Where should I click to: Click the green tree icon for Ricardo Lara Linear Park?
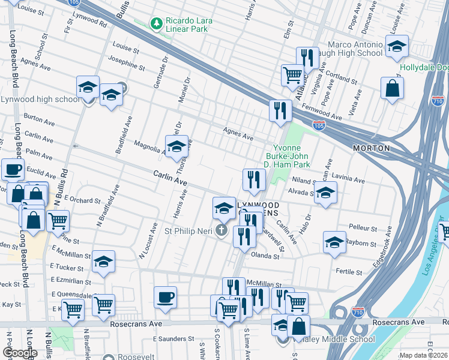click(157, 23)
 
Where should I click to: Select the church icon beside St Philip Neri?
click(221, 230)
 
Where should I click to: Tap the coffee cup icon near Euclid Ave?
click(12, 170)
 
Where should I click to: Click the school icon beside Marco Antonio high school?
click(397, 47)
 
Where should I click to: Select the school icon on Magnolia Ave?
click(176, 146)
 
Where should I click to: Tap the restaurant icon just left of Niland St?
click(254, 179)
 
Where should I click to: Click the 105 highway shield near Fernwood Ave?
click(319, 125)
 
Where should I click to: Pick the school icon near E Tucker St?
click(103, 262)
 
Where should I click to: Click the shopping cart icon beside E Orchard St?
click(58, 221)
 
